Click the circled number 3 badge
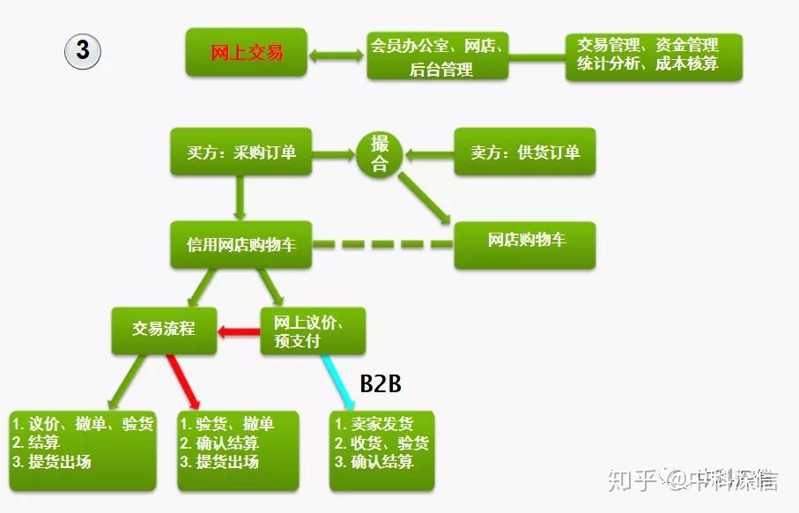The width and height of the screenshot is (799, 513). click(83, 51)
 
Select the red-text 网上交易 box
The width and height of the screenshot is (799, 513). click(247, 53)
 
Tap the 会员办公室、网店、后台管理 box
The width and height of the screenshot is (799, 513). click(437, 56)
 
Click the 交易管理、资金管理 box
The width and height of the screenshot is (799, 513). click(654, 57)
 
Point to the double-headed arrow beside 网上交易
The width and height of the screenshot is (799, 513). click(337, 55)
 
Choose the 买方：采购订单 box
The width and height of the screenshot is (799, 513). click(241, 152)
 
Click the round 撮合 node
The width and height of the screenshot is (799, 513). click(379, 154)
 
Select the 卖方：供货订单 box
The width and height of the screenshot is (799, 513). click(525, 152)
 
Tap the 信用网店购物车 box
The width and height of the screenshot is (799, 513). click(241, 245)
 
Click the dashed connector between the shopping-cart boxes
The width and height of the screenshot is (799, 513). click(382, 245)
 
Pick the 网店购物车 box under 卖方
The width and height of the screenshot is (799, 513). click(525, 245)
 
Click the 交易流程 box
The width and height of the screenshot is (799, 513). click(164, 331)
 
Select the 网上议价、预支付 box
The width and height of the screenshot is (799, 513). click(313, 331)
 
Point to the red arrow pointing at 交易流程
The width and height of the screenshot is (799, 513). click(239, 332)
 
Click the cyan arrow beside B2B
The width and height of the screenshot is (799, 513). click(338, 383)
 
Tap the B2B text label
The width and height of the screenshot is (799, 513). click(381, 383)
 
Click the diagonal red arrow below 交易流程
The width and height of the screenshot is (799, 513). click(183, 383)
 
